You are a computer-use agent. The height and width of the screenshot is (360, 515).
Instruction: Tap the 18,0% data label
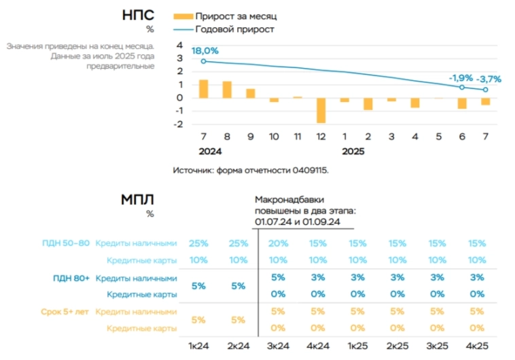tap(205, 51)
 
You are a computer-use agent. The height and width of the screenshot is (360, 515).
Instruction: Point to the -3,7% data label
tap(489, 79)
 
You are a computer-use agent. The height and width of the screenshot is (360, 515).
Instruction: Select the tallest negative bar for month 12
tap(321, 110)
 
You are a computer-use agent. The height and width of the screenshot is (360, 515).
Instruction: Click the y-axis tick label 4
tap(179, 45)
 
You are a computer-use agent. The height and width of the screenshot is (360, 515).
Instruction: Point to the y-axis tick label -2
tap(178, 124)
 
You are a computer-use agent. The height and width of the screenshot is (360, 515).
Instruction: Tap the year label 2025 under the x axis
tap(353, 152)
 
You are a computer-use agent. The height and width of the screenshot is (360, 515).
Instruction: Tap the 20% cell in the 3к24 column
tap(278, 243)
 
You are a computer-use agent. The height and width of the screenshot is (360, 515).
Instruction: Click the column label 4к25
tap(478, 346)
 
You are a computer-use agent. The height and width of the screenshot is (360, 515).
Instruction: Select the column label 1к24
tap(198, 346)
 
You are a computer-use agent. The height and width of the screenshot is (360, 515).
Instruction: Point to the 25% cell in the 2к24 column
tap(238, 243)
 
